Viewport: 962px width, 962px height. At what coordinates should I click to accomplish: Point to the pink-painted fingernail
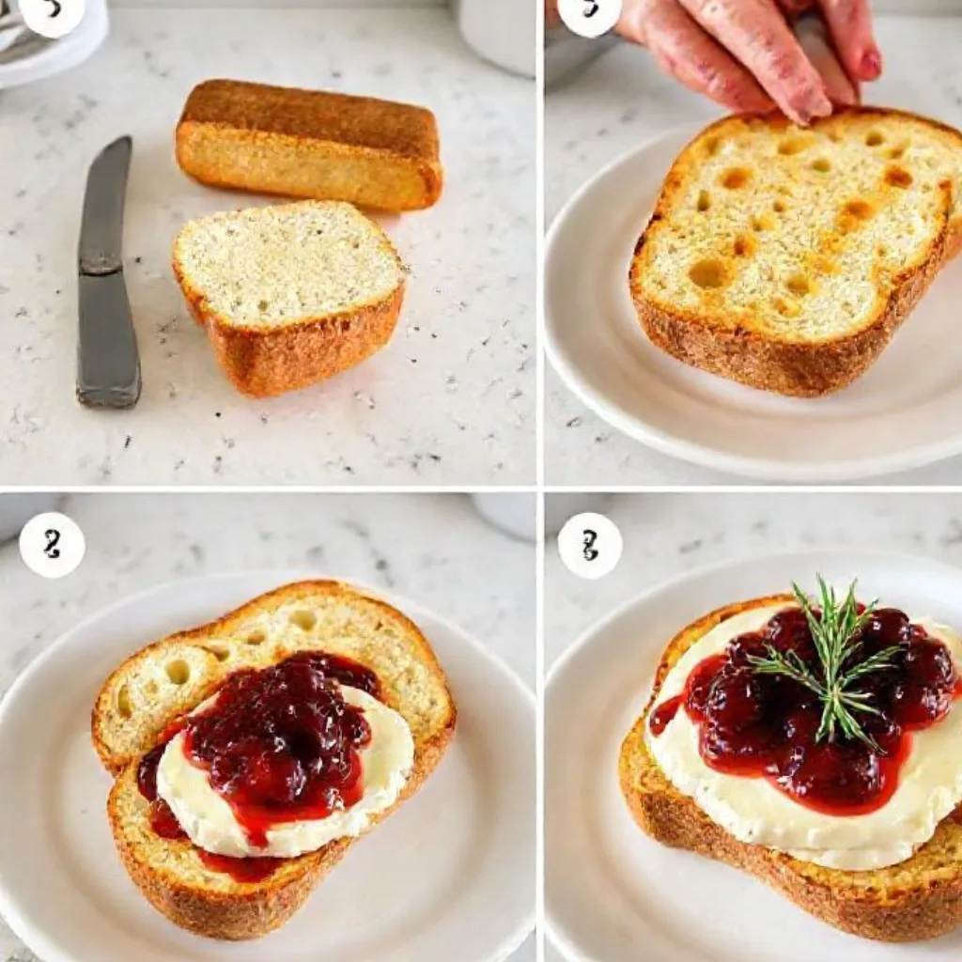870,64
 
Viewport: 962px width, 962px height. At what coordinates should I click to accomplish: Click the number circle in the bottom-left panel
52,545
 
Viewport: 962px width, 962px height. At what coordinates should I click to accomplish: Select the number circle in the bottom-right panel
589,545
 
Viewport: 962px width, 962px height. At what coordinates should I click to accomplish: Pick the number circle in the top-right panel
589,13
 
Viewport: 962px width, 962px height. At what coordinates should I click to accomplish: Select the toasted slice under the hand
789,254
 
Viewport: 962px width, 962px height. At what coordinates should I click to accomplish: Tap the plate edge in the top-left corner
56,56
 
